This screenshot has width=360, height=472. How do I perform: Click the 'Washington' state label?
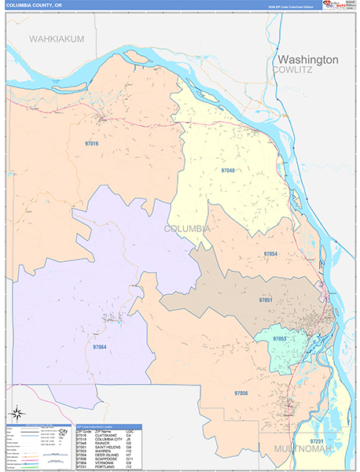tap(307, 60)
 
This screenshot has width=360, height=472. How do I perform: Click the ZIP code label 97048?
tap(228, 171)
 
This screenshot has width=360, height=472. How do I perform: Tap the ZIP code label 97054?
tap(270, 254)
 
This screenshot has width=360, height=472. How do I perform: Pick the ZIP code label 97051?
tap(266, 300)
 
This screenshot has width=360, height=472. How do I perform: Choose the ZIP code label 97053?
tap(280, 339)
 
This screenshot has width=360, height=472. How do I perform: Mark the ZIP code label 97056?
tap(241, 392)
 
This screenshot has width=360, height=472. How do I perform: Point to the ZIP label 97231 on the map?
tap(317, 441)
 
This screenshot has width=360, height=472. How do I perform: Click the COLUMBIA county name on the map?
tap(187, 228)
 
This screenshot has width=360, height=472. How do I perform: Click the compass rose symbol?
tap(16, 412)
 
